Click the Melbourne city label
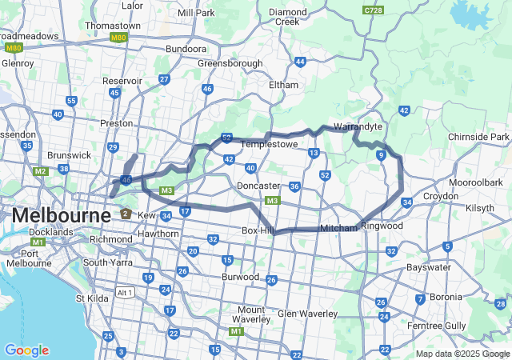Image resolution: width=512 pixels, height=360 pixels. (x=61, y=216)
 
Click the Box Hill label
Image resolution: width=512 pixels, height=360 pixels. (x=257, y=230)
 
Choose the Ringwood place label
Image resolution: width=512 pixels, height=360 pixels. (x=382, y=226)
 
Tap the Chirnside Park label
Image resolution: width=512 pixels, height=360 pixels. (x=478, y=138)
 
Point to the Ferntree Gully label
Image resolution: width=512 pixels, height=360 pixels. (x=458, y=326)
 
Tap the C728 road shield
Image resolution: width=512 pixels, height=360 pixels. (x=372, y=10)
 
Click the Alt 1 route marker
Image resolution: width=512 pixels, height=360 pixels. (x=124, y=292)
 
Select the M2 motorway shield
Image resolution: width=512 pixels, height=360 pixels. (x=40, y=170)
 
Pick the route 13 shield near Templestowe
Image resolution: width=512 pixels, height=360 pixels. (x=314, y=153)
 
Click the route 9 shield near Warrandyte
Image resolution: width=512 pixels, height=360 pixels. (x=382, y=154)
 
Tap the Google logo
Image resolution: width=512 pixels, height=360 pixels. (x=26, y=350)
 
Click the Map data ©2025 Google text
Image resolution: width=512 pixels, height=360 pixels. (x=462, y=354)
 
